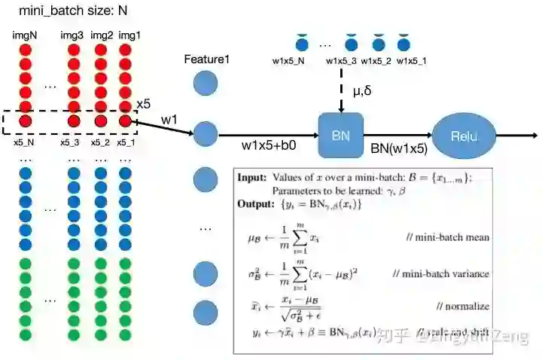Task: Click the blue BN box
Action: click(x=340, y=135)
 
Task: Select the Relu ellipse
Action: click(x=463, y=136)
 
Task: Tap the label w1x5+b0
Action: click(x=267, y=145)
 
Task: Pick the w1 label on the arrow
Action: click(x=169, y=119)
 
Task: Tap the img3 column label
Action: click(x=72, y=35)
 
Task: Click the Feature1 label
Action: click(x=206, y=59)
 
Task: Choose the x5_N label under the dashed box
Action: click(x=24, y=142)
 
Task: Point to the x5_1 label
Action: click(x=126, y=142)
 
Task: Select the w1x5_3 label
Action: click(x=342, y=61)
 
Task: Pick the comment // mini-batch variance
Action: click(x=441, y=273)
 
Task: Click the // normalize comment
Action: click(x=462, y=306)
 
